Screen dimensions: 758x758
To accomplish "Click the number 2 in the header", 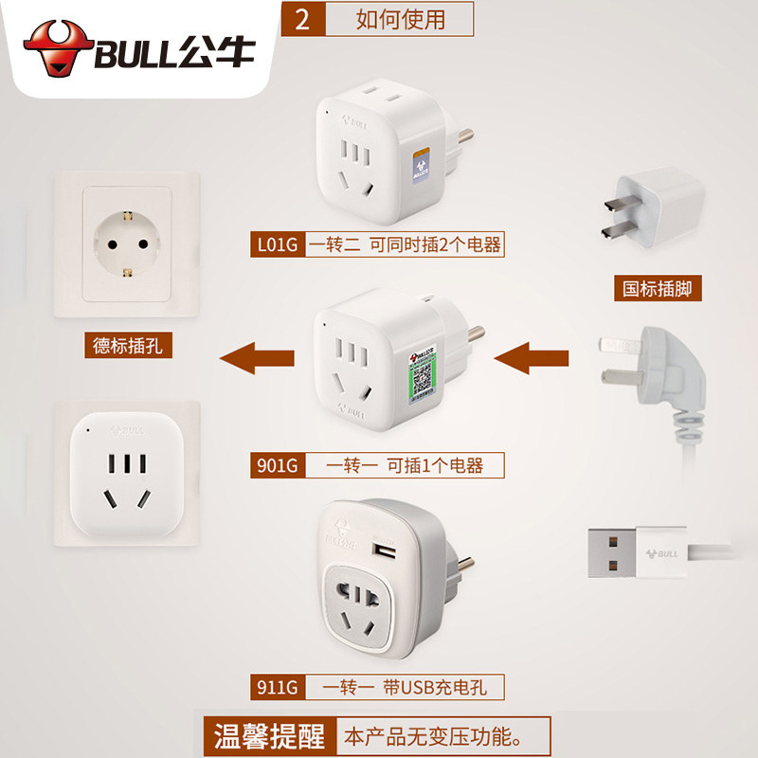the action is tap(303, 19).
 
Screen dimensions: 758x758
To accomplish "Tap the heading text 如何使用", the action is tap(400, 19).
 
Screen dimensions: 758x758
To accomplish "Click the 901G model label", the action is tap(278, 465).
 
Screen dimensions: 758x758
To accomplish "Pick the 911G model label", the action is tap(278, 686).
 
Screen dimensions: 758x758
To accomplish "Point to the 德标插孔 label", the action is tap(128, 346).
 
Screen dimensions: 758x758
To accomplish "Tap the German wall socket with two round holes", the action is tap(127, 241).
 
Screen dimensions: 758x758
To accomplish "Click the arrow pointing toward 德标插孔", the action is tap(258, 359).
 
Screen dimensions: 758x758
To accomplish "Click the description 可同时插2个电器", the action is tap(439, 245).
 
